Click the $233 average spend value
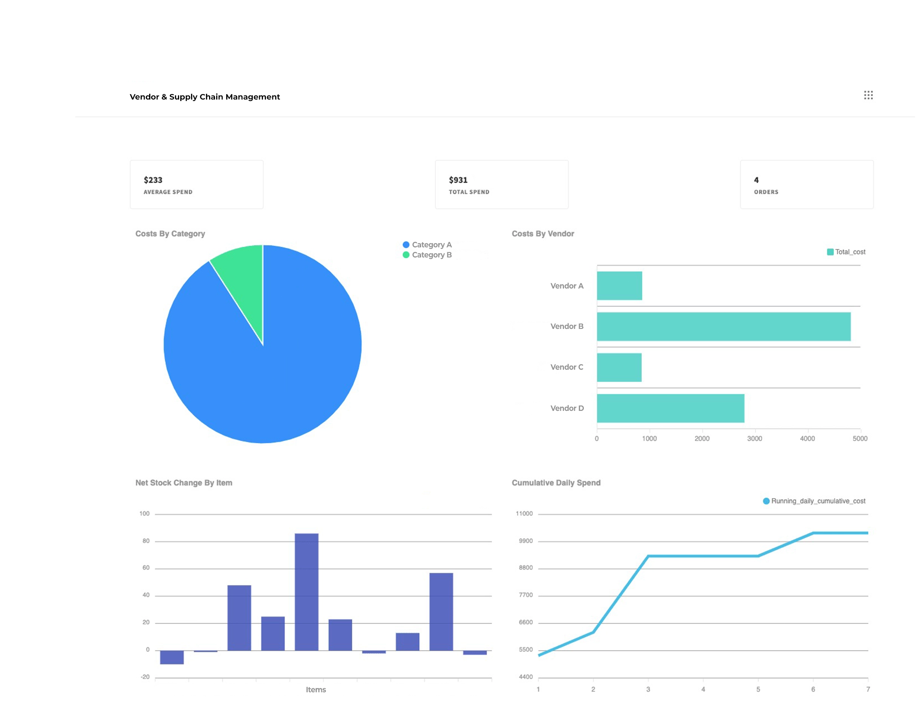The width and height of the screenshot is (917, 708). (153, 180)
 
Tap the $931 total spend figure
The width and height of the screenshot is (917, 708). (458, 180)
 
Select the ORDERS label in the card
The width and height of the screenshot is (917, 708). (766, 192)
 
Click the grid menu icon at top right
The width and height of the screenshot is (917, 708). (868, 95)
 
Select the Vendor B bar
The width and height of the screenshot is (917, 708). (723, 326)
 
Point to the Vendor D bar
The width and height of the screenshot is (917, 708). (671, 408)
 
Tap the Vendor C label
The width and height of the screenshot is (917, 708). (567, 367)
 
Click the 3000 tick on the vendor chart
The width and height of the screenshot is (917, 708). (755, 438)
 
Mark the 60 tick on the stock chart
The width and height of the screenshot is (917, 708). (146, 568)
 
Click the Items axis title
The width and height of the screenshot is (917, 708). (316, 690)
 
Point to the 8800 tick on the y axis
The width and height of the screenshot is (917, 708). (525, 568)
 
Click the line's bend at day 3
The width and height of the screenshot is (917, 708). (648, 556)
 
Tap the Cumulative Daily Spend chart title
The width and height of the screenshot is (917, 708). (556, 483)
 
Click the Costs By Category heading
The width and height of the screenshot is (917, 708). (170, 234)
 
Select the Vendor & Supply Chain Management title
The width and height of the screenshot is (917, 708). (205, 97)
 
